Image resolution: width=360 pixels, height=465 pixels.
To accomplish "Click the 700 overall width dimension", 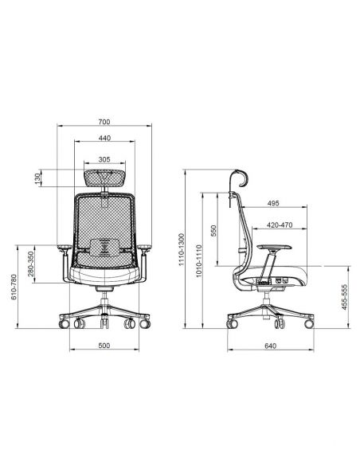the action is point(104,122).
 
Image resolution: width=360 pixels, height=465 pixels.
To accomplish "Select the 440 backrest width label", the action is point(104,138).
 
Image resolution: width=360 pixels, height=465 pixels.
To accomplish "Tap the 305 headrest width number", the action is point(104,159).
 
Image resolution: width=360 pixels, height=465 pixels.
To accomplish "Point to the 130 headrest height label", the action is point(37,178).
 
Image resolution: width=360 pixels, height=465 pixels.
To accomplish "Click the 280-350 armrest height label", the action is point(31,264).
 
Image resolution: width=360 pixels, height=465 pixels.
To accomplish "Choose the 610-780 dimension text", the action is point(14,287).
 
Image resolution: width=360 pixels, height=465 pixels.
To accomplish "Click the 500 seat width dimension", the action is point(104,346).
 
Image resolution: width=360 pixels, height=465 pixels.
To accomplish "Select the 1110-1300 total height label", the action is point(181,250).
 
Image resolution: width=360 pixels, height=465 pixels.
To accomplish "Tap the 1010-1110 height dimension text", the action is point(198,261).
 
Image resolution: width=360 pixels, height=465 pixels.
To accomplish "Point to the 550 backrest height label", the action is point(213,231).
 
